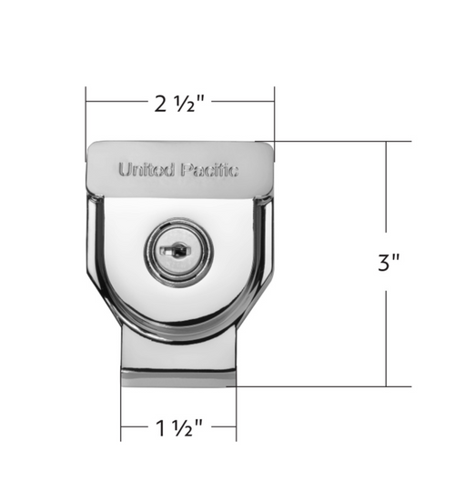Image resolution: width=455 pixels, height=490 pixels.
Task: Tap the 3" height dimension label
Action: tap(389, 264)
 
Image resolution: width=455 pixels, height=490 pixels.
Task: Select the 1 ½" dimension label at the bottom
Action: tap(178, 425)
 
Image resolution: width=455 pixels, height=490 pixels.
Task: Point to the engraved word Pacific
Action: tap(210, 169)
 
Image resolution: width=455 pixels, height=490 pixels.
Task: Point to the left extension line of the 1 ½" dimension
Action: tap(121, 409)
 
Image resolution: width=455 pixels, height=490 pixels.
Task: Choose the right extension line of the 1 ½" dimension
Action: tap(237, 409)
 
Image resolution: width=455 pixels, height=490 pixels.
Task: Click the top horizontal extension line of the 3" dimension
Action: tap(337, 142)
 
